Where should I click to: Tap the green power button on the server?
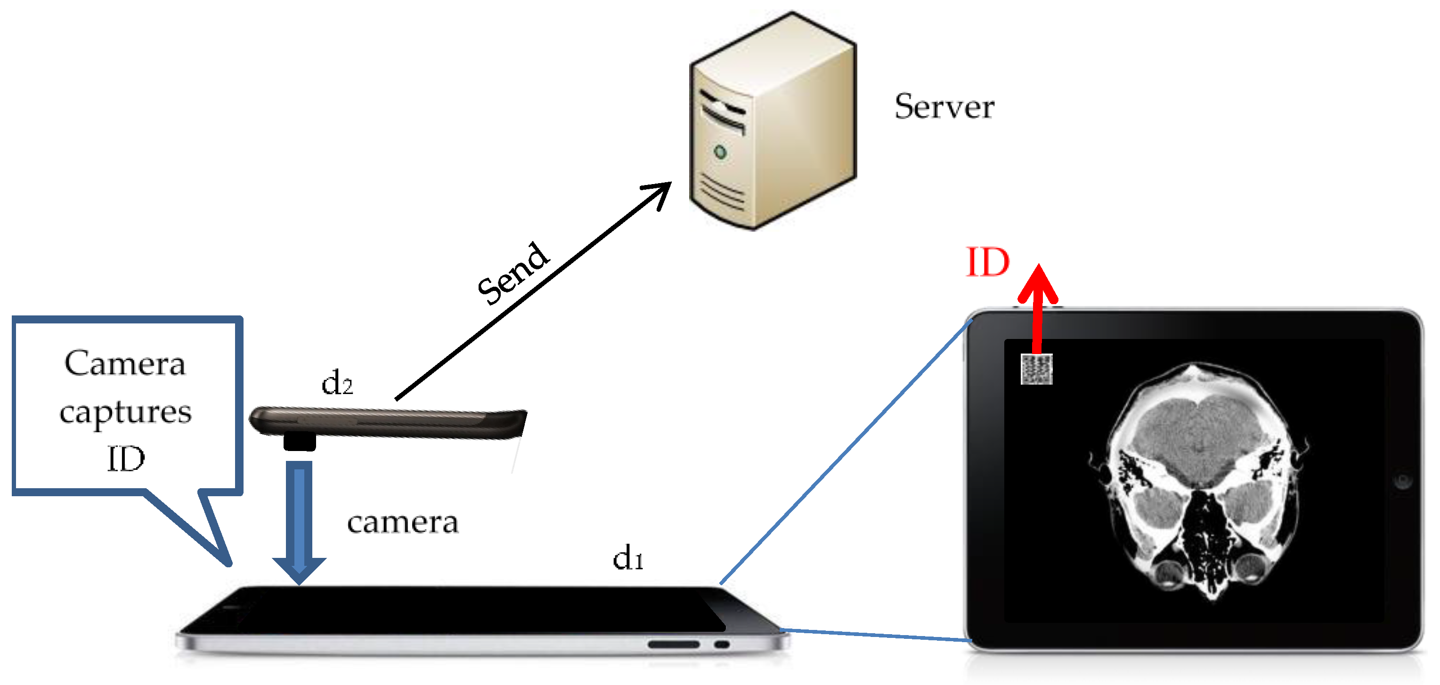[x=720, y=152]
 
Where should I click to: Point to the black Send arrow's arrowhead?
[x=662, y=190]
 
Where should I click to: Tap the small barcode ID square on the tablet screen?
[x=1036, y=369]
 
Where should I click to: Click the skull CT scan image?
[x=1196, y=481]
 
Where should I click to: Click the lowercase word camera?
[x=402, y=523]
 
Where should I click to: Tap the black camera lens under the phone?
[x=300, y=442]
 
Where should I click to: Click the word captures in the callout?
[x=126, y=412]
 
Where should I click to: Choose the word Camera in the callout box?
[x=125, y=364]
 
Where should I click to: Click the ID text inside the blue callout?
[x=126, y=459]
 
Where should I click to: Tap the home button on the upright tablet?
[x=1402, y=481]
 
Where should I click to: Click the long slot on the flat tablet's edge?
[x=674, y=644]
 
